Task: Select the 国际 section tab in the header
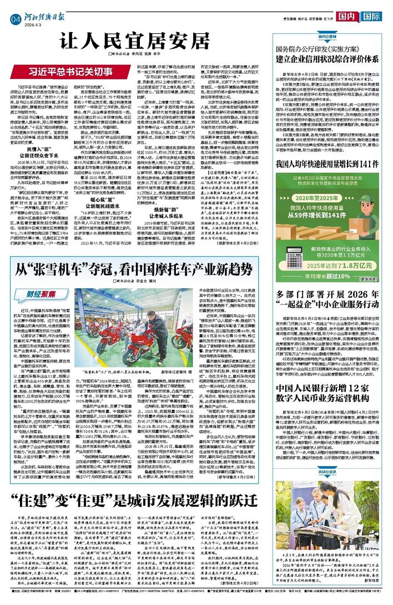tap(374, 16)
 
